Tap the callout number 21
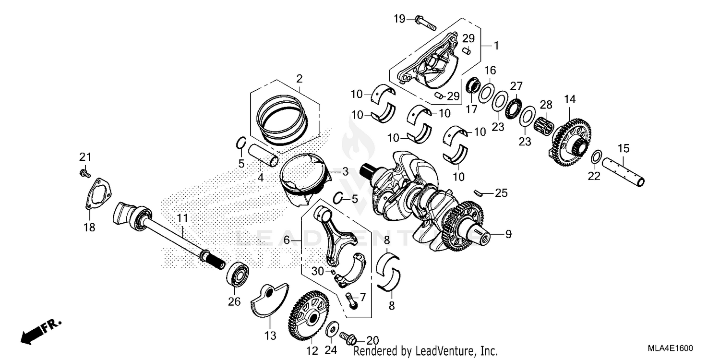[85, 157]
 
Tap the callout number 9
[508, 234]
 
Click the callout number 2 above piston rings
[299, 79]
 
